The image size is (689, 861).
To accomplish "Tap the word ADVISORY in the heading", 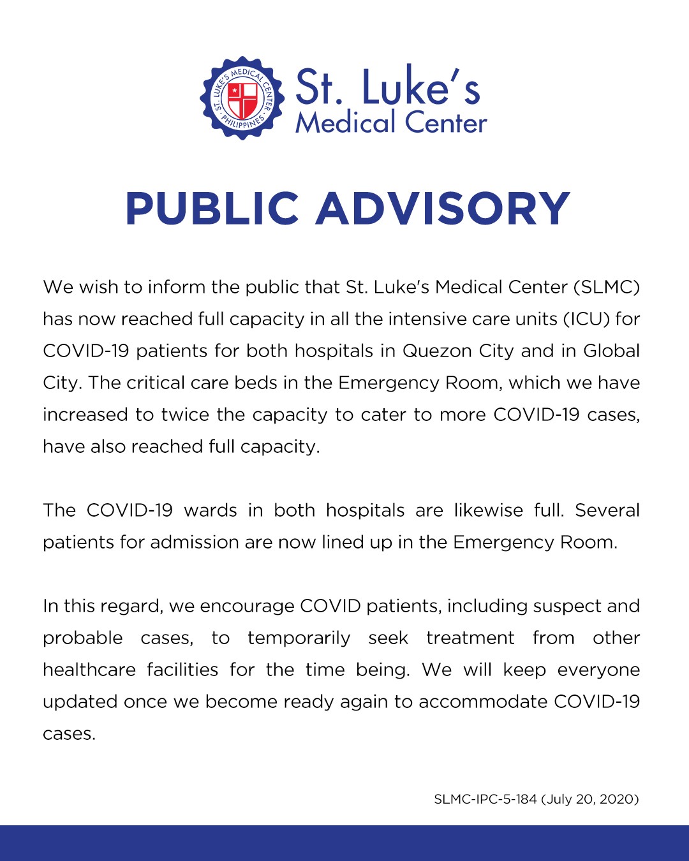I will coord(442,209).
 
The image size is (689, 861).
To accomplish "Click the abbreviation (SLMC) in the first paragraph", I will coord(607,287).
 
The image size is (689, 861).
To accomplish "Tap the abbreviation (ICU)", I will coord(587,319).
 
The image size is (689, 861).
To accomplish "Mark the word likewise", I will coord(488,510).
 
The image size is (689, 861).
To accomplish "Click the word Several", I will coord(607,510).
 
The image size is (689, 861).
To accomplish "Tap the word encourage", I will coord(247,606).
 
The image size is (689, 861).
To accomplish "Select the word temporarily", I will coord(299,638).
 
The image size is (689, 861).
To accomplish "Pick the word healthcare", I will coord(89,670).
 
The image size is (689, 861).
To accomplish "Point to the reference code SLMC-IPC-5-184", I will coord(485,799).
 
